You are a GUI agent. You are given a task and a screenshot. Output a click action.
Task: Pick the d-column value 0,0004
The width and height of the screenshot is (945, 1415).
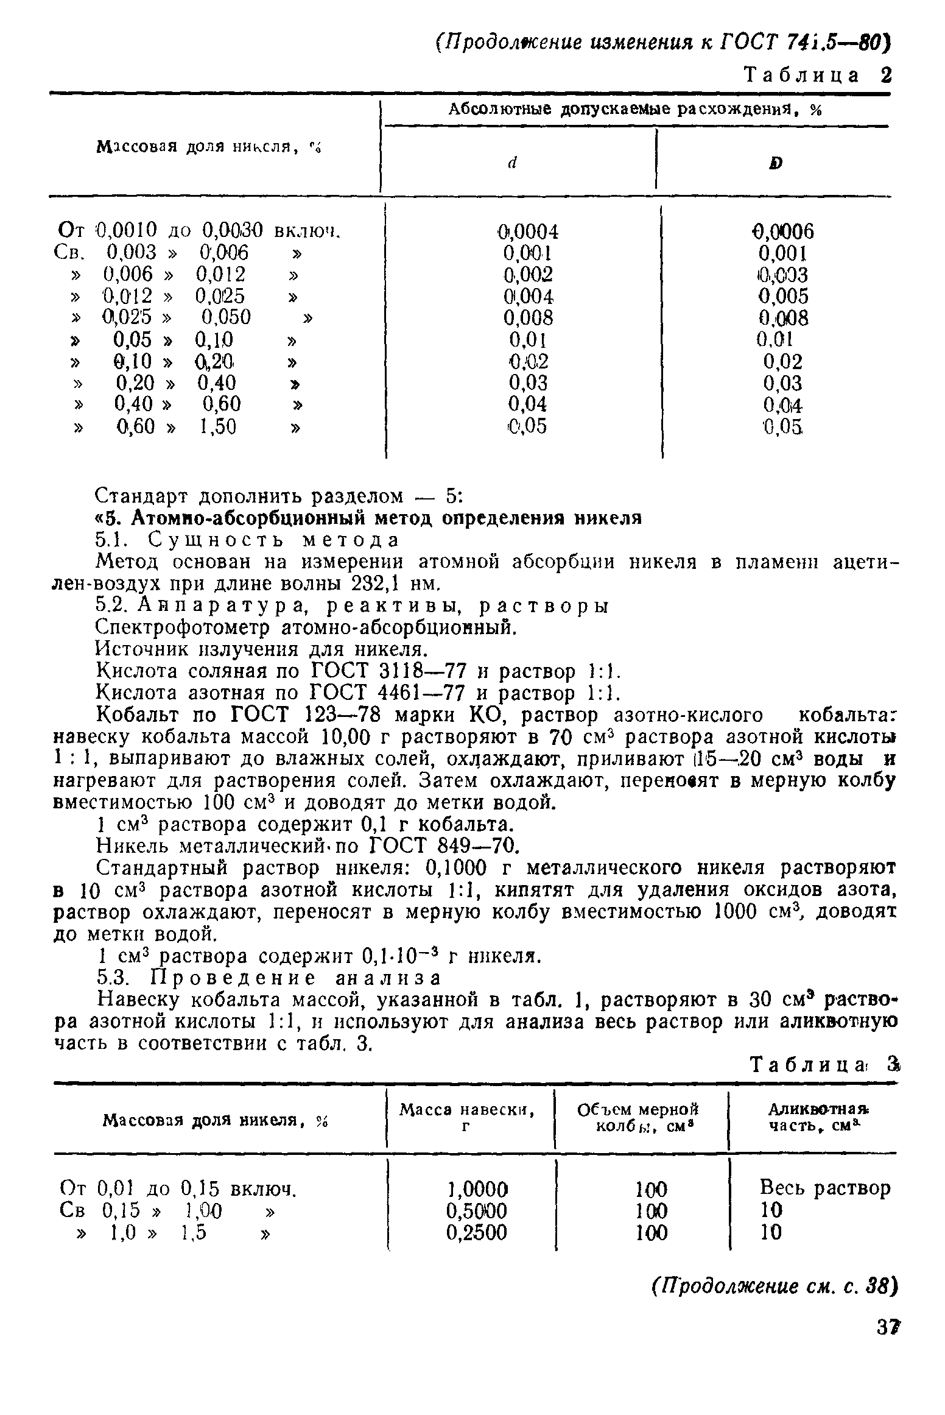tap(527, 231)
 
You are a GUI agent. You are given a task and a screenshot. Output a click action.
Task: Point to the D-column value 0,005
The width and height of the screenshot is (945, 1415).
tap(783, 296)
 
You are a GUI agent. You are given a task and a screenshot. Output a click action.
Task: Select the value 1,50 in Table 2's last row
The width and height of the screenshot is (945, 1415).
tap(217, 426)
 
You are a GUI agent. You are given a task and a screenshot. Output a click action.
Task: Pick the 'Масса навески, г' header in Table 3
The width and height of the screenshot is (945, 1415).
tap(467, 1119)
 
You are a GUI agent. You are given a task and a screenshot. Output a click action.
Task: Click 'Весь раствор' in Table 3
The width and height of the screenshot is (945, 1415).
tap(824, 1188)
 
